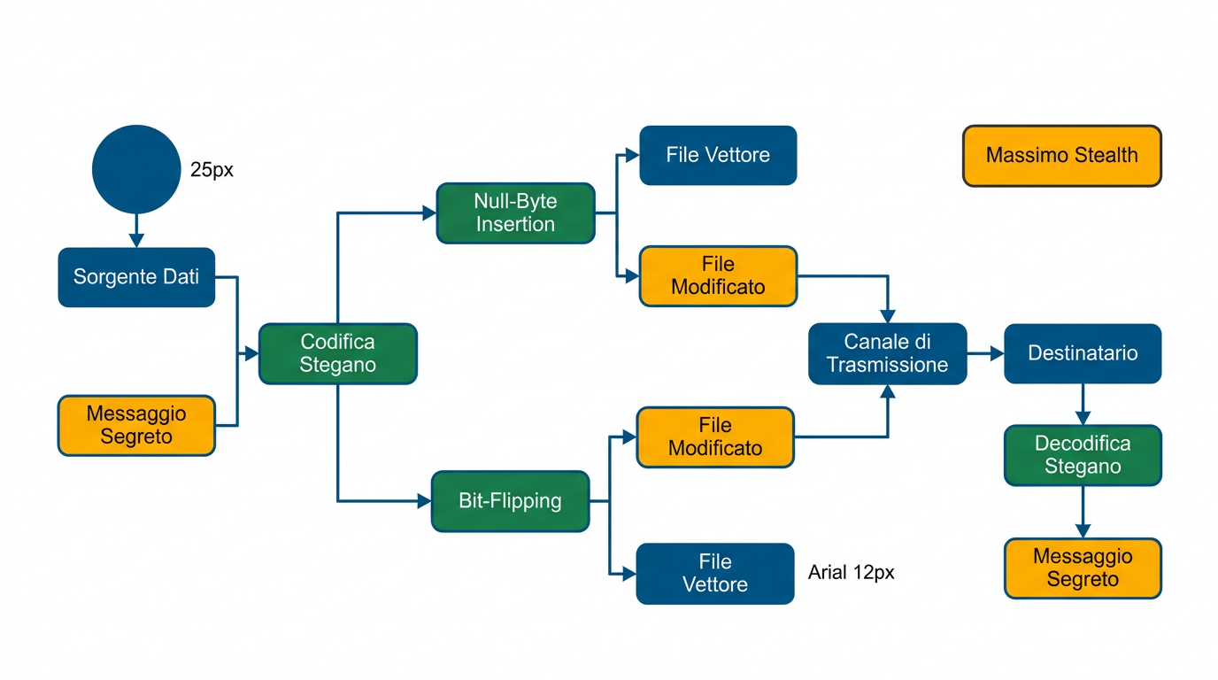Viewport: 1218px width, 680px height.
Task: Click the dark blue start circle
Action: [136, 169]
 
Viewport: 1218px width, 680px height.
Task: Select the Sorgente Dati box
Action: [136, 277]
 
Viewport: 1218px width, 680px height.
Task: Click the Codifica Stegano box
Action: [337, 353]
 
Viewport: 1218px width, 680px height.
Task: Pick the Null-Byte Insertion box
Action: [515, 213]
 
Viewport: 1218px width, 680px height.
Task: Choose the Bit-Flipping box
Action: [510, 501]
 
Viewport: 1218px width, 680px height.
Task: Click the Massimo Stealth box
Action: [1061, 156]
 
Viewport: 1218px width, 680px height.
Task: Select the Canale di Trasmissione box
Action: [887, 353]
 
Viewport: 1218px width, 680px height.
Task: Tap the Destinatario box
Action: [1082, 353]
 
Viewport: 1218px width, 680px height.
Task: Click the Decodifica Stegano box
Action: [1082, 455]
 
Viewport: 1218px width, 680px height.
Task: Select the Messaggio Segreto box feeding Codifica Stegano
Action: [136, 425]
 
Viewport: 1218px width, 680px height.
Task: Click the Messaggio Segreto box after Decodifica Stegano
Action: [1082, 568]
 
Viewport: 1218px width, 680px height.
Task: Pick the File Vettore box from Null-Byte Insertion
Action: [718, 156]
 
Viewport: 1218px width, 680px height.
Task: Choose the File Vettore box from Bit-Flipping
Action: [714, 574]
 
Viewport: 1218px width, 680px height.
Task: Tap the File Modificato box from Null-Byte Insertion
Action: [718, 276]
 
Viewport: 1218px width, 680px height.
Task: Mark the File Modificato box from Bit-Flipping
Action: [715, 437]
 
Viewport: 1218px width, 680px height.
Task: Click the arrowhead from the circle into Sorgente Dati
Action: [136, 240]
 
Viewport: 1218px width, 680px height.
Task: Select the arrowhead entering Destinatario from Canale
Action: [997, 353]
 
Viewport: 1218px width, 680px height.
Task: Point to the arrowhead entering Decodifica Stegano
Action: [1082, 418]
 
